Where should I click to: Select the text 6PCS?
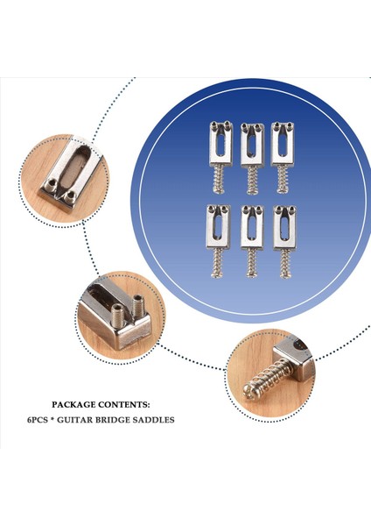tap(38, 420)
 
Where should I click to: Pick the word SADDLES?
tap(157, 420)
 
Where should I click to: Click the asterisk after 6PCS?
tap(57, 420)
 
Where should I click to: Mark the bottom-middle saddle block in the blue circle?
tap(250, 228)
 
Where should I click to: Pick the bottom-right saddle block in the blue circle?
tap(282, 227)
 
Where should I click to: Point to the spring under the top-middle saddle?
tap(252, 181)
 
